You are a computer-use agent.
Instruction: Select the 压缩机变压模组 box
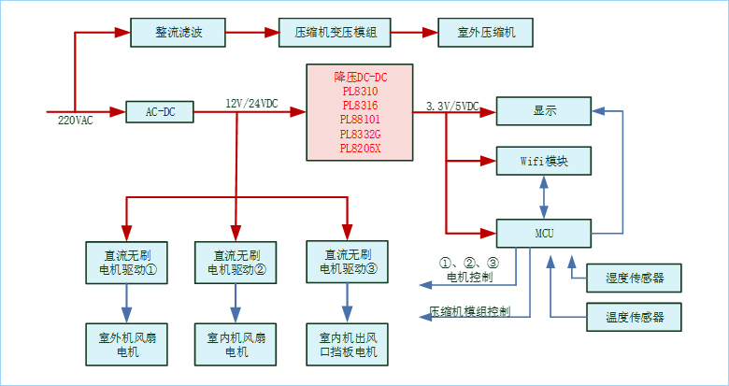click(336, 33)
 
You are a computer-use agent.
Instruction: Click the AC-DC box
click(160, 112)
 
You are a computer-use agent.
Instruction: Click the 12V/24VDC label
click(251, 104)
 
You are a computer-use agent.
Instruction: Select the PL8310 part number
click(360, 92)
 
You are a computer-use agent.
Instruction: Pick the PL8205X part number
click(360, 148)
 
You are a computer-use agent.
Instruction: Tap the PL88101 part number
click(360, 120)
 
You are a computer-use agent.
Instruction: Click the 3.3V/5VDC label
click(451, 106)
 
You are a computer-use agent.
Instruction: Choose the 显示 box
click(544, 111)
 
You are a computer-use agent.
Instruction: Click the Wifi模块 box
click(544, 160)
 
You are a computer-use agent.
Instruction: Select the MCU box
click(544, 233)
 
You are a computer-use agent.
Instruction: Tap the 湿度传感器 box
click(635, 278)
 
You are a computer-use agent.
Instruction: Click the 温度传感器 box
click(635, 317)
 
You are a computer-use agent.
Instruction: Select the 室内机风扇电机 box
click(236, 344)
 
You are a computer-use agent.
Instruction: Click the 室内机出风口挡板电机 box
click(348, 344)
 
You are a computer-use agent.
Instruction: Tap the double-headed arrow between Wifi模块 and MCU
click(544, 196)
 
